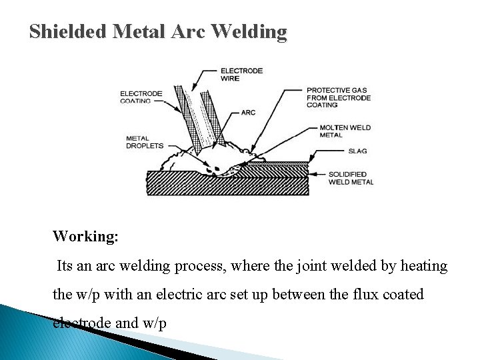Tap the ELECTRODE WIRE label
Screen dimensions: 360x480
[x=241, y=74]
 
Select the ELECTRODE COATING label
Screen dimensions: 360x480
[x=141, y=97]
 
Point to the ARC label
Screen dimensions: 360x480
[x=248, y=113]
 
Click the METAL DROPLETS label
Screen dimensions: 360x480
[x=144, y=142]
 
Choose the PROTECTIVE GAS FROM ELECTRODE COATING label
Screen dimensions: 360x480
[x=338, y=97]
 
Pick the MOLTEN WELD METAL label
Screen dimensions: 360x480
[x=345, y=131]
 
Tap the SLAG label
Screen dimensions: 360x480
[x=338, y=151]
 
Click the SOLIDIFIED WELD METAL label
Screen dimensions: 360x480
[x=351, y=178]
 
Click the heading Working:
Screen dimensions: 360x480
[x=85, y=237]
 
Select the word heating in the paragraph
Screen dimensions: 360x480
[x=423, y=266]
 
